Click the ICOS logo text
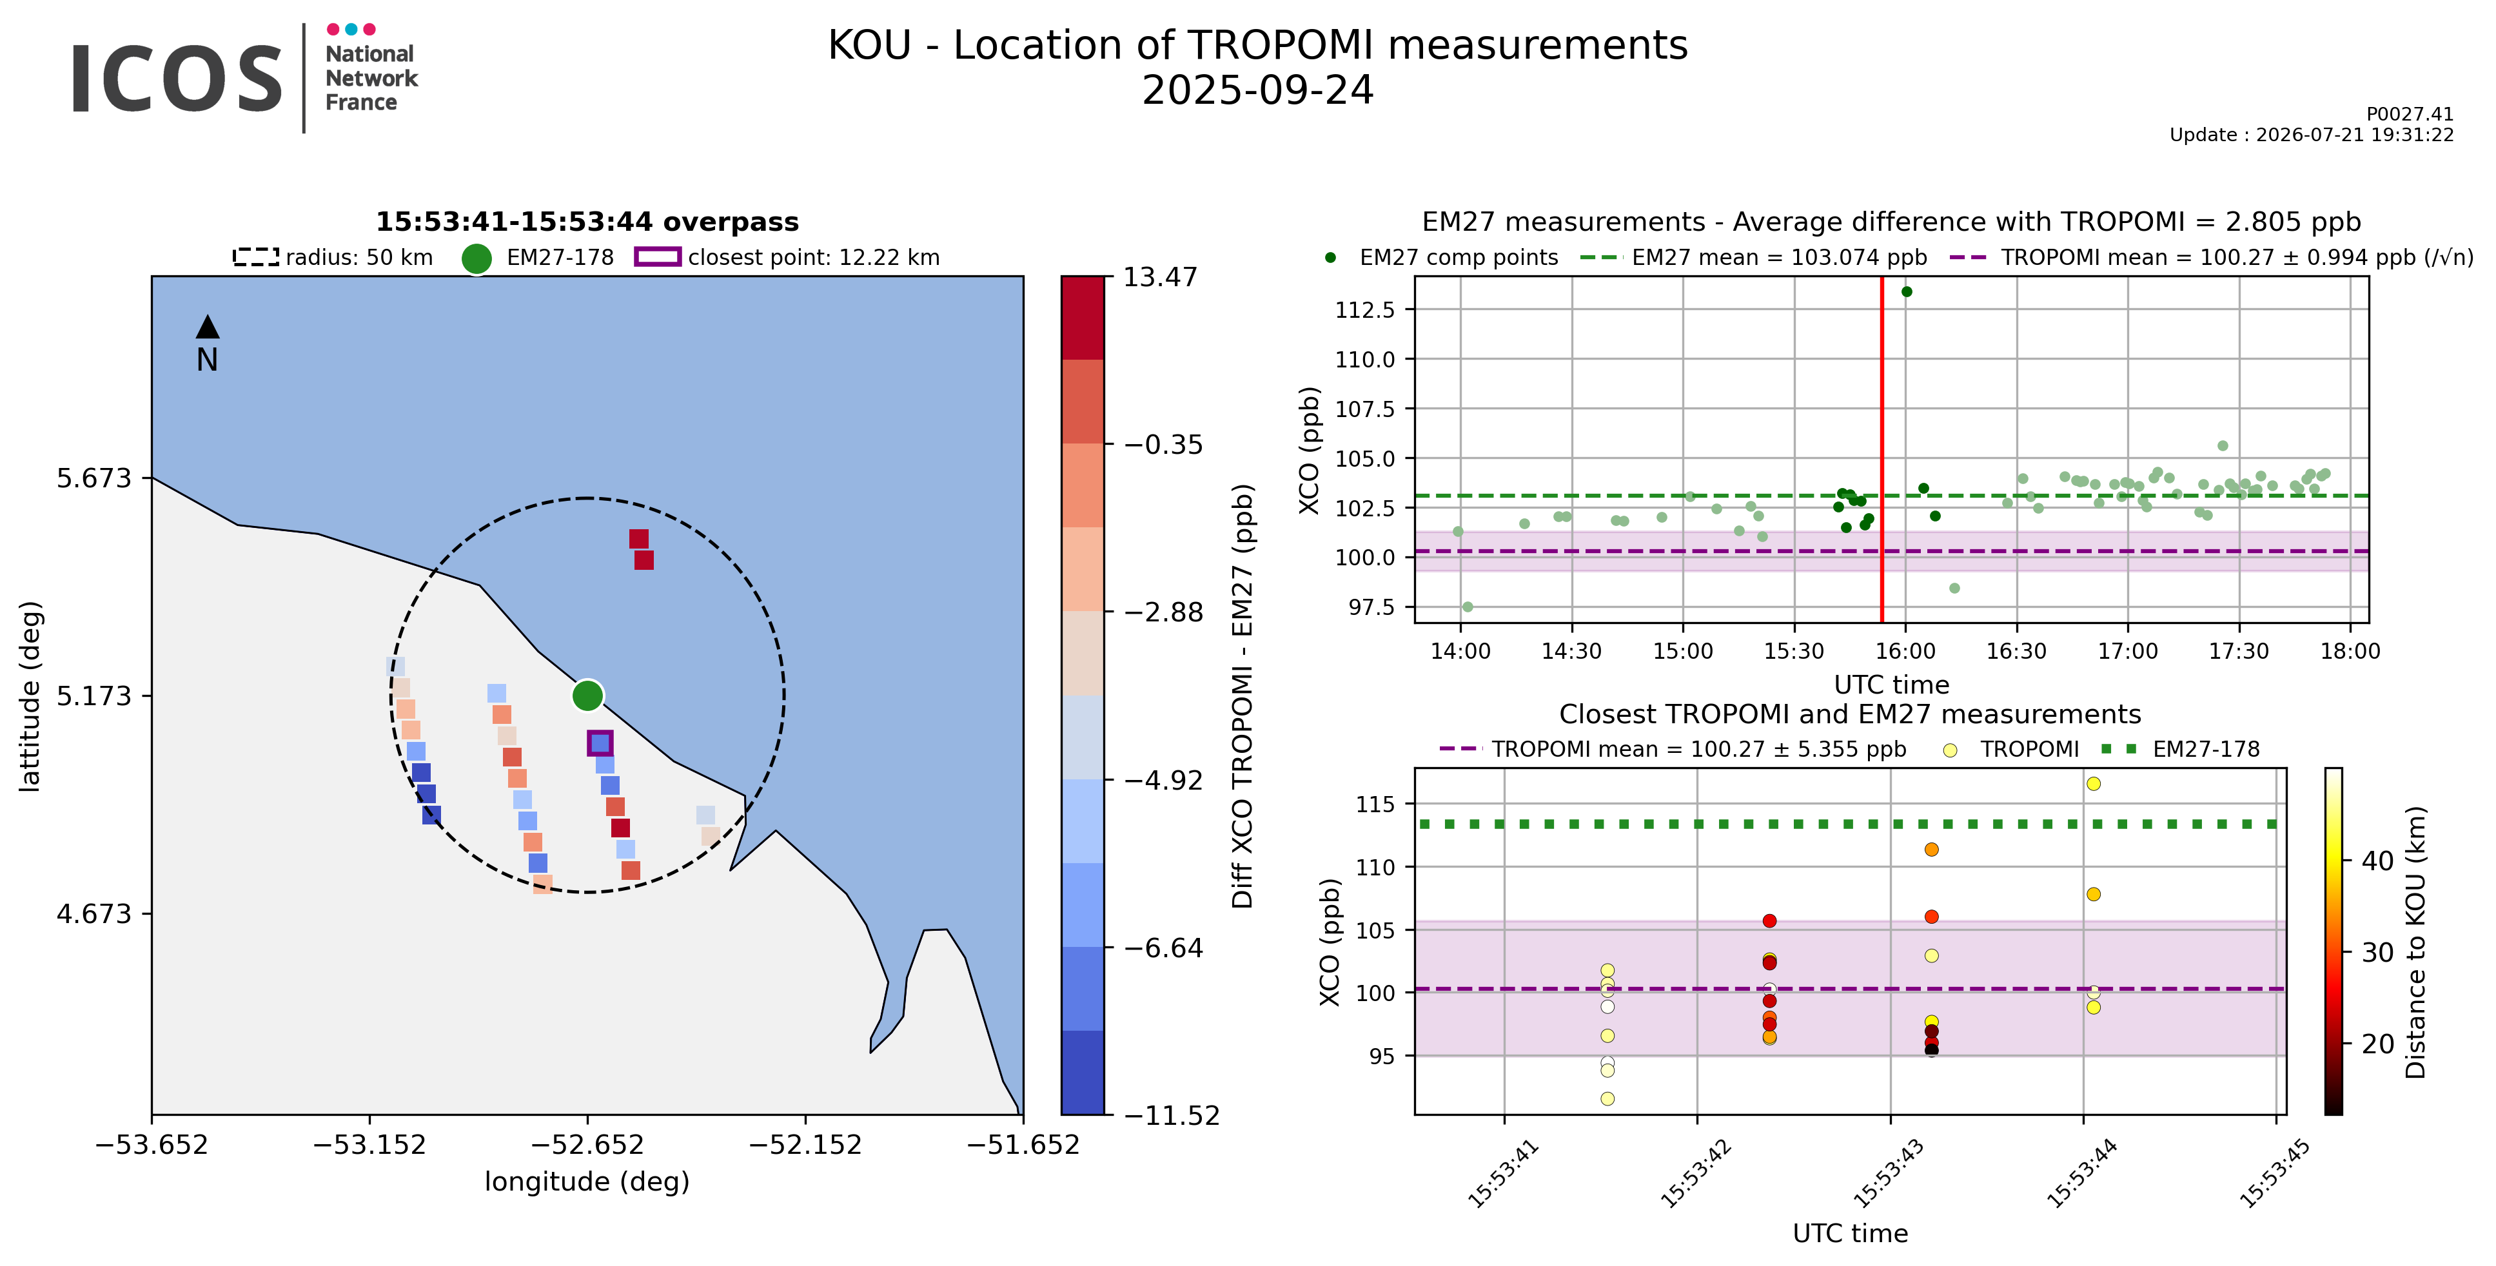176,79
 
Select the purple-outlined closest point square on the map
600,743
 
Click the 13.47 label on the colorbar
1160,278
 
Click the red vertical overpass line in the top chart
1882,449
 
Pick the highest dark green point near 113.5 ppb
1907,291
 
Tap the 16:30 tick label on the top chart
2016,651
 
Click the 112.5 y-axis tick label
1365,310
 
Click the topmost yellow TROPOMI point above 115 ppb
2094,784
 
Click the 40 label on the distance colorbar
2378,860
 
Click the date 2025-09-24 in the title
1258,91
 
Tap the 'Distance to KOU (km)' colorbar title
2415,942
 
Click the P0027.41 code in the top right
2410,114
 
